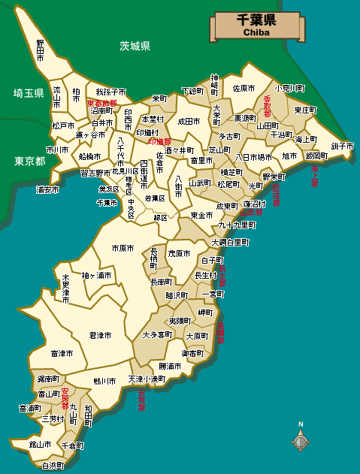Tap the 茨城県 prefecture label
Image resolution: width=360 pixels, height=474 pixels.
(135, 46)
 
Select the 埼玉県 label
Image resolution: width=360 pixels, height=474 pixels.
(29, 92)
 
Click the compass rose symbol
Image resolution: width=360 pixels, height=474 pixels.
(301, 442)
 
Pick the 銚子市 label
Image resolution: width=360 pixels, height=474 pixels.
(340, 146)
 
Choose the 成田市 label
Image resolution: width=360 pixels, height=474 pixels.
(189, 121)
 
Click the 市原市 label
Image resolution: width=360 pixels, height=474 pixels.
(123, 248)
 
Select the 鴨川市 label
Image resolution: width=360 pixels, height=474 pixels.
(104, 382)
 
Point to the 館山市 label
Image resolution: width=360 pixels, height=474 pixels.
(40, 445)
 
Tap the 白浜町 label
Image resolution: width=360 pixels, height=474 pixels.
(53, 466)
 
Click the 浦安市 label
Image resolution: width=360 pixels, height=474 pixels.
(48, 190)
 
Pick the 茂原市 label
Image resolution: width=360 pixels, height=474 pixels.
(180, 253)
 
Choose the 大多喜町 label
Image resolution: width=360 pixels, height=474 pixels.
(157, 334)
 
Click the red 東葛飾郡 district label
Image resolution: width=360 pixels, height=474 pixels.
(102, 103)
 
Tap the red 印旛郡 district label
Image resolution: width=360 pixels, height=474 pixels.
(159, 141)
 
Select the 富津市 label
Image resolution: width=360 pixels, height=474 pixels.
(62, 353)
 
